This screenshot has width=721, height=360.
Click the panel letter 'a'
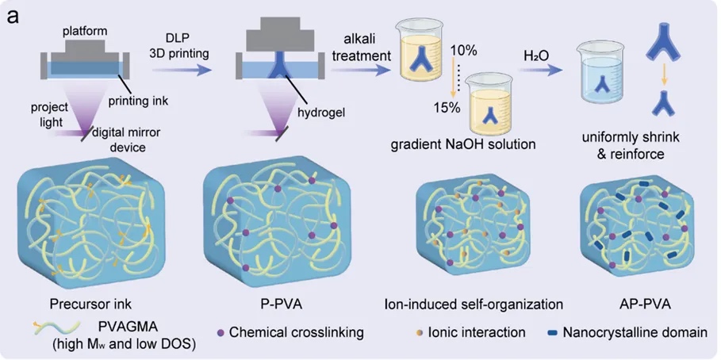pos(13,15)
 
